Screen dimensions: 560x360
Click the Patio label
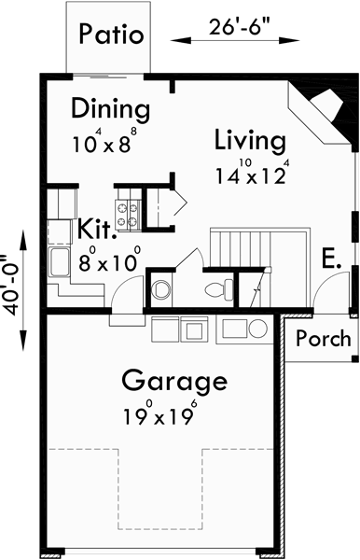pos(111,36)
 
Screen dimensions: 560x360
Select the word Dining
pos(109,109)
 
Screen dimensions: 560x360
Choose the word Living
pos(248,141)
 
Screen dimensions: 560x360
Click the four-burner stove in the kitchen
pos(126,216)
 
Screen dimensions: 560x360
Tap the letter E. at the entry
pos(331,258)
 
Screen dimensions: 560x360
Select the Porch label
pos(323,338)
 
